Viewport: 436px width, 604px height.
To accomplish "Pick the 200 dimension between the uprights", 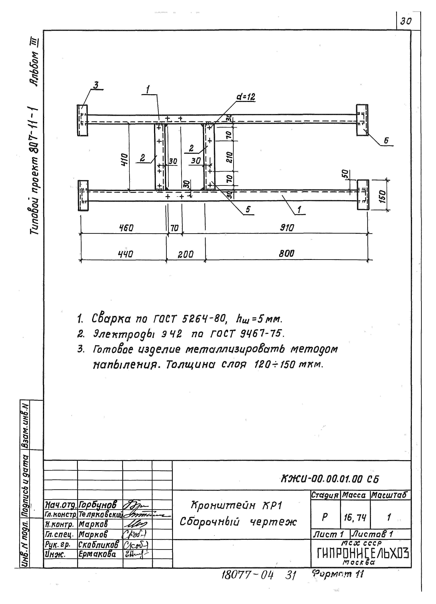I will point(186,254).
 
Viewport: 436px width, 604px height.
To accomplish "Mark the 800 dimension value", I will point(287,254).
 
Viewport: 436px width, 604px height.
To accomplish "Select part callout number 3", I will point(95,86).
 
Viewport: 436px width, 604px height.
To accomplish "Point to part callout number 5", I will point(248,210).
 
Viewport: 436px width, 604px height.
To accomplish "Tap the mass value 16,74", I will point(355,518).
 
